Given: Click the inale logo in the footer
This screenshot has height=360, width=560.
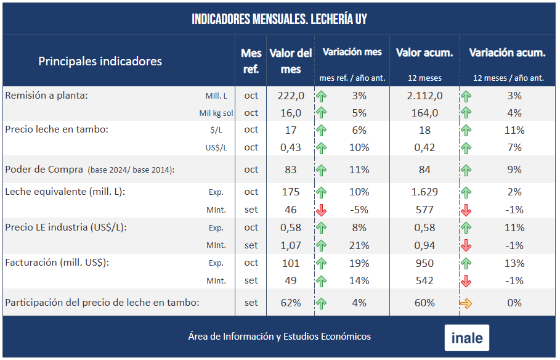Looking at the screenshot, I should tap(466, 338).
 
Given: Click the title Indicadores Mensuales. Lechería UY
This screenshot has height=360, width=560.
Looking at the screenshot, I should tap(279, 19).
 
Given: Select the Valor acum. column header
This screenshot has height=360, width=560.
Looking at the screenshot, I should tap(424, 53).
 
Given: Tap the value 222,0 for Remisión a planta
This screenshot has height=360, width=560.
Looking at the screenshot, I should tap(291, 96).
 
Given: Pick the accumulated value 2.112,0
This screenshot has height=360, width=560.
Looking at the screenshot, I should tap(424, 96).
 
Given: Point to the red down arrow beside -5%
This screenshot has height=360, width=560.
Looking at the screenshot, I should tap(321, 210).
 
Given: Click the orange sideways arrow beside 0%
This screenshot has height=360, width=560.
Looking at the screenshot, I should tap(466, 303).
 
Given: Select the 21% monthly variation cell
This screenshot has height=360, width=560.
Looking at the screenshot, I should tap(359, 245).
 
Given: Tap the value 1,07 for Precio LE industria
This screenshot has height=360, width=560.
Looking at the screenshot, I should tap(291, 245).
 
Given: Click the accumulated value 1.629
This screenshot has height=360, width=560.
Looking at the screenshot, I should tap(424, 192).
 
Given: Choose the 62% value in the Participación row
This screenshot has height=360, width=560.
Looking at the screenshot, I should tap(291, 303).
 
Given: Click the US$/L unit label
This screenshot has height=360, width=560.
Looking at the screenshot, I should tap(216, 148).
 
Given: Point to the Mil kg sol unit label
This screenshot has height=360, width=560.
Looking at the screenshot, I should tap(216, 113).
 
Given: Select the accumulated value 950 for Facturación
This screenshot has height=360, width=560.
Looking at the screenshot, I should tap(424, 263).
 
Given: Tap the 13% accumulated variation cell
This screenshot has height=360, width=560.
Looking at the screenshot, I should tap(514, 263).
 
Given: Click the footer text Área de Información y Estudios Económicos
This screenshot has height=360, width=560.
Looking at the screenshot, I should tap(279, 337).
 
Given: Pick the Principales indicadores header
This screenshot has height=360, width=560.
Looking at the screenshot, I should tap(100, 61).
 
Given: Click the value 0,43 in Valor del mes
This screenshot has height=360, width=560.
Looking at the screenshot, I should tap(291, 147).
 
